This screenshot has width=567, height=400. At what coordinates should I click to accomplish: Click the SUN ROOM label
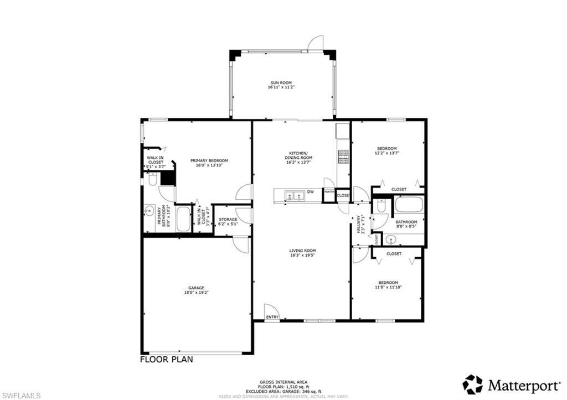(280, 82)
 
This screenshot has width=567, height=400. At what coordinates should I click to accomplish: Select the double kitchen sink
(293, 195)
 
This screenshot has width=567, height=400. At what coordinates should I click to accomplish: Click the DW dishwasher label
(311, 192)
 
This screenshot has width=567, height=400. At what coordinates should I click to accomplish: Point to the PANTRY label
(329, 192)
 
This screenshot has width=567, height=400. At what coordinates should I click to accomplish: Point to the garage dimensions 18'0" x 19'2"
(196, 292)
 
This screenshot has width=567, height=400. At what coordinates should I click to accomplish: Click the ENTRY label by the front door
(272, 317)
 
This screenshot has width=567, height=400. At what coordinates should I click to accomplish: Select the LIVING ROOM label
(302, 251)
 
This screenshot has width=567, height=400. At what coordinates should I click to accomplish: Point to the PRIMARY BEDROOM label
(209, 160)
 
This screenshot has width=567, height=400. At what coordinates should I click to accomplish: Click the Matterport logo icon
(472, 384)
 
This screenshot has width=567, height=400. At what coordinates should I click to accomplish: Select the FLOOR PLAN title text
(166, 359)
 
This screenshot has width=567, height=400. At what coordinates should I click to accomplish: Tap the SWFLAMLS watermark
(20, 394)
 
